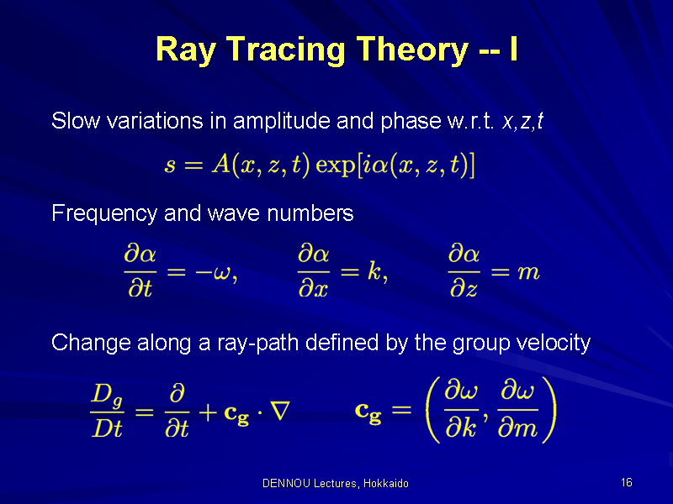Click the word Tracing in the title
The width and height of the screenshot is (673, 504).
(x=285, y=50)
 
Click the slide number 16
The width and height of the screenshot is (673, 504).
(x=626, y=482)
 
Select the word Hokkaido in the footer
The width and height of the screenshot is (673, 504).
(x=386, y=484)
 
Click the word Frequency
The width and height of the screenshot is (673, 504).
(x=104, y=214)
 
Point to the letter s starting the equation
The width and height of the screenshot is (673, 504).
(x=170, y=165)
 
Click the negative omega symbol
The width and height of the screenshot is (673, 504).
(x=214, y=272)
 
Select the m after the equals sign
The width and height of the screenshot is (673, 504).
(x=528, y=272)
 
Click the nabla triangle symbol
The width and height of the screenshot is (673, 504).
(x=281, y=410)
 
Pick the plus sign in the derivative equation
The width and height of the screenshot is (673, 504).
(x=208, y=413)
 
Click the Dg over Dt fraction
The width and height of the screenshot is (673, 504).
(x=107, y=411)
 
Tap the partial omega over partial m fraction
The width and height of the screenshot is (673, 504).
(x=517, y=411)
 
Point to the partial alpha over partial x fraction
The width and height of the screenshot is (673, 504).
(x=313, y=270)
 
